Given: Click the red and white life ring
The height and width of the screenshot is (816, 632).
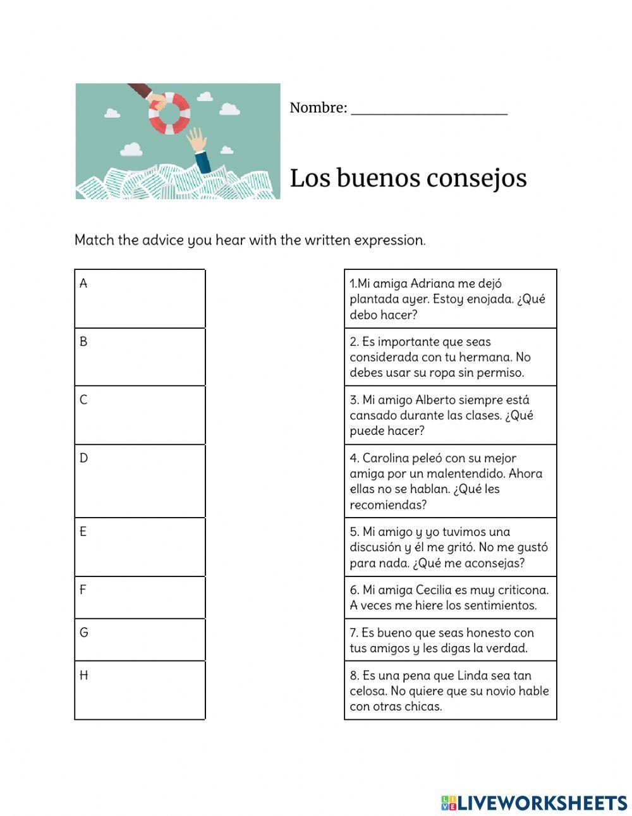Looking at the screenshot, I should [x=169, y=114].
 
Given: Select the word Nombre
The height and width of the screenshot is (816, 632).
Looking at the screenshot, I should [x=316, y=108].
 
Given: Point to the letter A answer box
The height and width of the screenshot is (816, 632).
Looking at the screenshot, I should [x=140, y=299].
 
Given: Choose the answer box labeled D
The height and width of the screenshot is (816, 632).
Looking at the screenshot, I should [x=140, y=481].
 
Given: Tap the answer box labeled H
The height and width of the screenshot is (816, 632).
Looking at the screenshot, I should [x=140, y=690].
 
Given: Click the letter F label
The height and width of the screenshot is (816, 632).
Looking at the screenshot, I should [x=83, y=590].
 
